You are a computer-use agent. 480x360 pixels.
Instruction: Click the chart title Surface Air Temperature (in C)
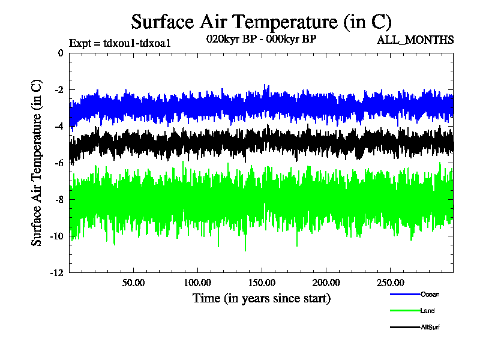pyautogui.click(x=261, y=22)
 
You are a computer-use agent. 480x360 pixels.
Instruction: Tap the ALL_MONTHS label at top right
pyautogui.click(x=415, y=40)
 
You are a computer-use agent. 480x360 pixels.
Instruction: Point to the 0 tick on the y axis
pyautogui.click(x=60, y=53)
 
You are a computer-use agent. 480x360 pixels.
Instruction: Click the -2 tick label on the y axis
pyautogui.click(x=58, y=89)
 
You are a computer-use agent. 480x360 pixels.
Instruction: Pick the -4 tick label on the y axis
pyautogui.click(x=58, y=126)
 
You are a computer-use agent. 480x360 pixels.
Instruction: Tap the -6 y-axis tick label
pyautogui.click(x=58, y=163)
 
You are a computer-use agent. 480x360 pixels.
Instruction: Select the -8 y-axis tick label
pyautogui.click(x=58, y=199)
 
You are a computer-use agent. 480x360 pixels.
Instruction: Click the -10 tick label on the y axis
pyautogui.click(x=56, y=236)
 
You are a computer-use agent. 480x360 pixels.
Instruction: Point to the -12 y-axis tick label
pyautogui.click(x=56, y=272)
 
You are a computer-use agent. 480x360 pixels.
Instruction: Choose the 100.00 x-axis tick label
pyautogui.click(x=197, y=282)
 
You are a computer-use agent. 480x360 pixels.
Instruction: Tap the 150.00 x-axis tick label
pyautogui.click(x=262, y=282)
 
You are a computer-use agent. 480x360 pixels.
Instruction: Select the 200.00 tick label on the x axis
pyautogui.click(x=326, y=282)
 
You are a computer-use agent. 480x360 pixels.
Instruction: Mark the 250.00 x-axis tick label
pyautogui.click(x=390, y=282)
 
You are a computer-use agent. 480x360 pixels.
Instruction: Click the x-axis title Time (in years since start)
pyautogui.click(x=261, y=298)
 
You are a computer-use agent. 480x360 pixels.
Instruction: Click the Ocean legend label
pyautogui.click(x=430, y=294)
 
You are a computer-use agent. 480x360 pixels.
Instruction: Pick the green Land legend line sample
pyautogui.click(x=404, y=310)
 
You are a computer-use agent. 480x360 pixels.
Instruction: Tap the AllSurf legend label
pyautogui.click(x=431, y=327)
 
